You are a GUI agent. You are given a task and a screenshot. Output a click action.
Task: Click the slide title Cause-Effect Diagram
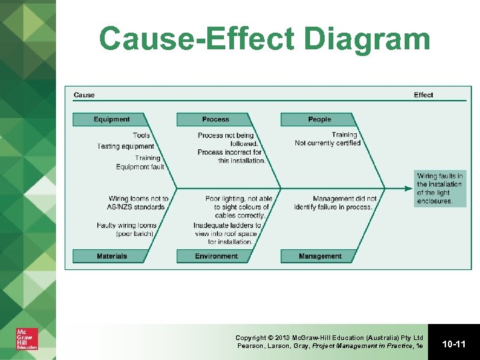coord(265,39)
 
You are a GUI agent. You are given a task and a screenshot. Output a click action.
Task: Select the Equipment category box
coord(111,119)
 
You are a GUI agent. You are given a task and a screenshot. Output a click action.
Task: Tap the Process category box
coord(215,119)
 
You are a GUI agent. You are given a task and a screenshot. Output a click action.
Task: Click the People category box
coord(319,119)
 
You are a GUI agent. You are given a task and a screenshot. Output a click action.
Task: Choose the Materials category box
coord(111,256)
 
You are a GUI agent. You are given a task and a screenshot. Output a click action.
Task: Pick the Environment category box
coord(215,256)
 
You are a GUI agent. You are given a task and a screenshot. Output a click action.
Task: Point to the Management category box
coord(319,256)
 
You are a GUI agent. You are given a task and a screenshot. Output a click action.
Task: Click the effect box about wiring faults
coord(439,189)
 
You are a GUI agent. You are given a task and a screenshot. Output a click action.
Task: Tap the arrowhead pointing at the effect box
coord(409,189)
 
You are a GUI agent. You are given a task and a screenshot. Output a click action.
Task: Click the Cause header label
coord(84,95)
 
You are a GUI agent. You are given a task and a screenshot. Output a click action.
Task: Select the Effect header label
coord(423,95)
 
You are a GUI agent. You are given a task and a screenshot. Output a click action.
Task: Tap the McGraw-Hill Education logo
coord(27,339)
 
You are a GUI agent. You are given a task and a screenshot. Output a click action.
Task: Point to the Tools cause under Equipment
coord(141,135)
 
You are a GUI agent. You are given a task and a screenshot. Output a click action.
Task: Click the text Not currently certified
coord(327,143)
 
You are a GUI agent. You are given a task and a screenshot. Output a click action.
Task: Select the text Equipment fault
coord(140,167)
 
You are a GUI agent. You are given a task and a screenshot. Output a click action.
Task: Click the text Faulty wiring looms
coord(127,225)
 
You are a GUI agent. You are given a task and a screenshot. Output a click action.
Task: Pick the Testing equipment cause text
coord(126,146)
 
